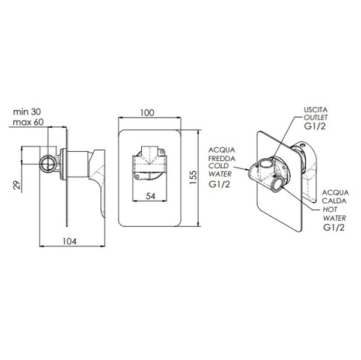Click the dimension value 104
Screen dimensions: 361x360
69,241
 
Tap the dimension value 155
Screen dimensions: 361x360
193,177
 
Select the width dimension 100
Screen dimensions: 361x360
147,113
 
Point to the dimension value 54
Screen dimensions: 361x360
151,196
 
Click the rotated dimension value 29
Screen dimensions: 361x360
17,185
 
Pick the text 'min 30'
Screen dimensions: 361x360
27,112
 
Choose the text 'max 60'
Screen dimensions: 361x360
28,122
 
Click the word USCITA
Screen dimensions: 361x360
315,110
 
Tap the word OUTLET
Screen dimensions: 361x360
315,118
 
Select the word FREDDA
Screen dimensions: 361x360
222,158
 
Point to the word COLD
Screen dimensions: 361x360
219,166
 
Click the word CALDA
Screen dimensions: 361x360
334,201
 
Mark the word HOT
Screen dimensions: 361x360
330,209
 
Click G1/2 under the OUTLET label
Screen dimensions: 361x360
315,126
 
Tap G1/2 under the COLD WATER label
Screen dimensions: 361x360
219,184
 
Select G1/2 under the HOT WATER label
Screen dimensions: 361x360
334,227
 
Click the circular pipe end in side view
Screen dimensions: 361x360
48,164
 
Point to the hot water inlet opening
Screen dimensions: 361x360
278,184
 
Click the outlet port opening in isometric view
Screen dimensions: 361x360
267,164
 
